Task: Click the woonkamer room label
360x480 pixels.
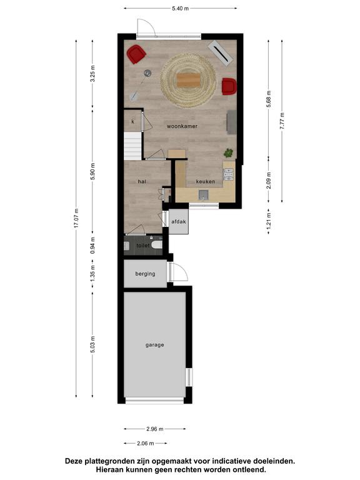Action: point(182,126)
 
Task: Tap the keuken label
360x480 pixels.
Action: point(206,181)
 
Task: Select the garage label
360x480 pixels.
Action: point(154,345)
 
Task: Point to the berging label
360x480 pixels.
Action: point(145,274)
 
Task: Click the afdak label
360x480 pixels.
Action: point(179,222)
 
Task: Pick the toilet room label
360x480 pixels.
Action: point(143,246)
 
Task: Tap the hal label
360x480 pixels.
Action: point(142,181)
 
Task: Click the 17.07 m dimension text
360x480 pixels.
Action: point(76,218)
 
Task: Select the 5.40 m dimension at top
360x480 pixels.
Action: point(180,9)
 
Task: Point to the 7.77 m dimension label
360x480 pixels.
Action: point(282,121)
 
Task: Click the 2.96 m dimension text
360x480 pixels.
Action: point(155,429)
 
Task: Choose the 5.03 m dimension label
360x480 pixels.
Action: point(92,344)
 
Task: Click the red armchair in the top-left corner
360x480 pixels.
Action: point(136,54)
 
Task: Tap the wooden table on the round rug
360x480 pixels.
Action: point(189,80)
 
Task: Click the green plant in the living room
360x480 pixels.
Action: point(228,152)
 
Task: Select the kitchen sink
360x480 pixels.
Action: point(203,195)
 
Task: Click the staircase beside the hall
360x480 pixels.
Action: point(132,146)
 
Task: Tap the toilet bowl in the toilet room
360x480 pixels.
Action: point(156,245)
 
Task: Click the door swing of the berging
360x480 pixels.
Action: point(179,271)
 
